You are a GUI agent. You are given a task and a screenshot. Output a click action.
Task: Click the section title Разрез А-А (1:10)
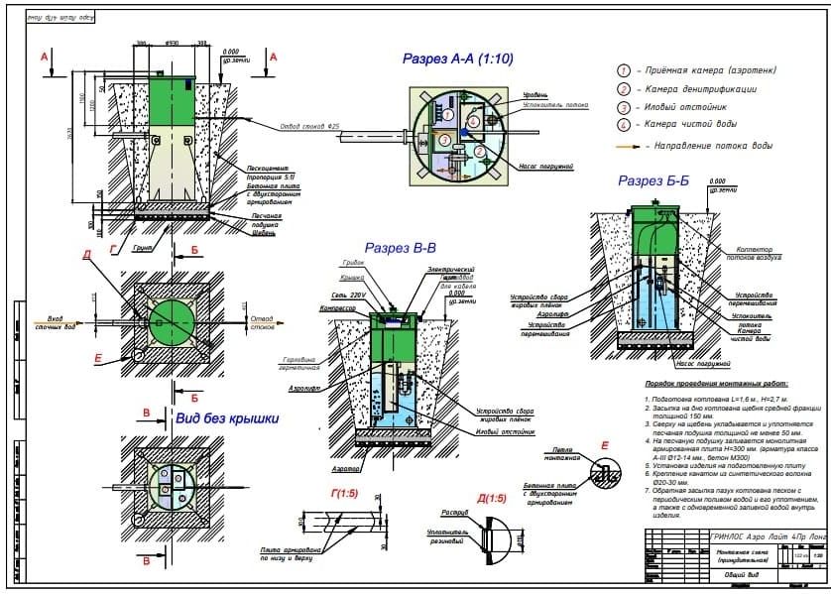457,59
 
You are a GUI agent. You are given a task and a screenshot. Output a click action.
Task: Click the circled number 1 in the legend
624,72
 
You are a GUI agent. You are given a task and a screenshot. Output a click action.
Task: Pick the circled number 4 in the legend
624,125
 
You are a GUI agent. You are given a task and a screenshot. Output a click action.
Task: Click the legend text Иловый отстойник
694,107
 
